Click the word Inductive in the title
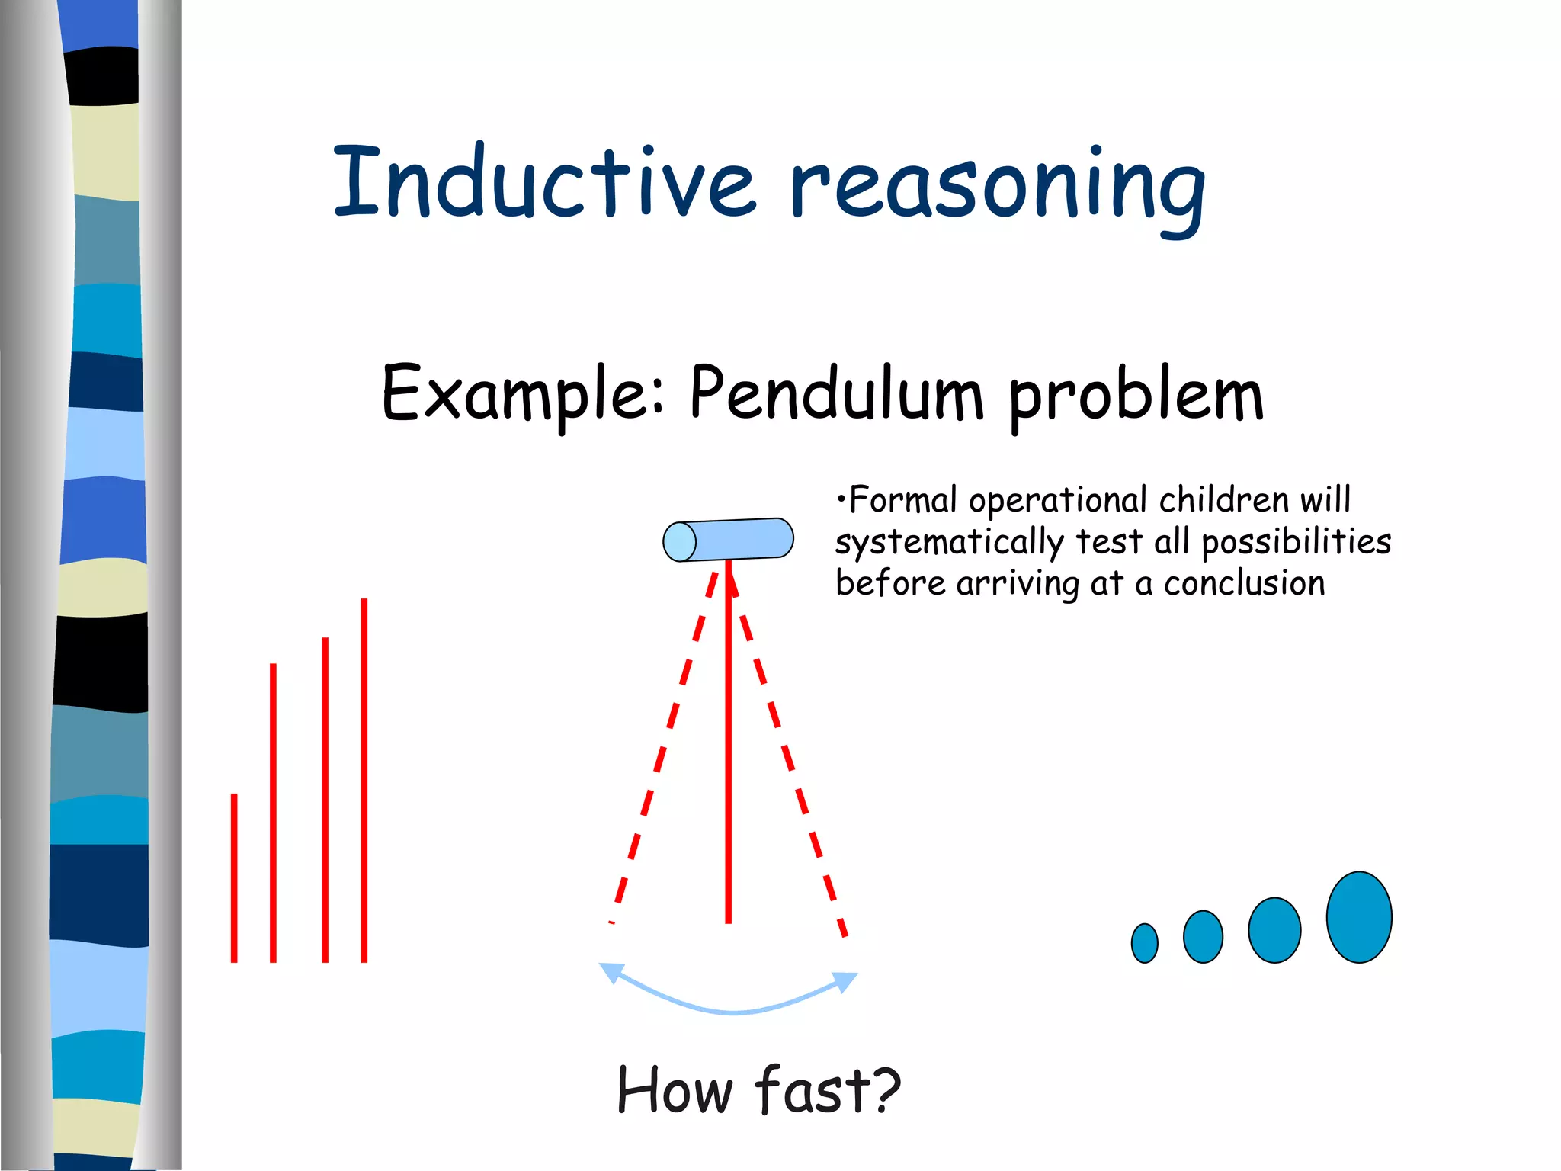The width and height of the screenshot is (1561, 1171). [x=544, y=183]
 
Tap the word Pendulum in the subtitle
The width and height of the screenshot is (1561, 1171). [x=836, y=394]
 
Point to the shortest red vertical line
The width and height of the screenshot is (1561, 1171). [x=234, y=877]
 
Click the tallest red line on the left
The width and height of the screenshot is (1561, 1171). [x=364, y=778]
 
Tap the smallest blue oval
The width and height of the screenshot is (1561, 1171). [x=1144, y=943]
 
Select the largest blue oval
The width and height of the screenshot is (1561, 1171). [x=1358, y=917]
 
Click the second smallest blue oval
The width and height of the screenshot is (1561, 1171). [x=1203, y=936]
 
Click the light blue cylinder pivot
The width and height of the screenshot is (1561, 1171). [x=728, y=540]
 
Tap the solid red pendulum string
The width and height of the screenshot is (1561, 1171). [x=729, y=747]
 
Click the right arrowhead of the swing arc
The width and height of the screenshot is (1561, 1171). [x=845, y=980]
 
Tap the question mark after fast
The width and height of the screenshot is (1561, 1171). [x=884, y=1089]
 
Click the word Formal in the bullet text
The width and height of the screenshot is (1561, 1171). [x=902, y=501]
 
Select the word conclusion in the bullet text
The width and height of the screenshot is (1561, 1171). [x=1244, y=584]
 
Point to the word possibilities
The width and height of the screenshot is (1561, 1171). [x=1296, y=543]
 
